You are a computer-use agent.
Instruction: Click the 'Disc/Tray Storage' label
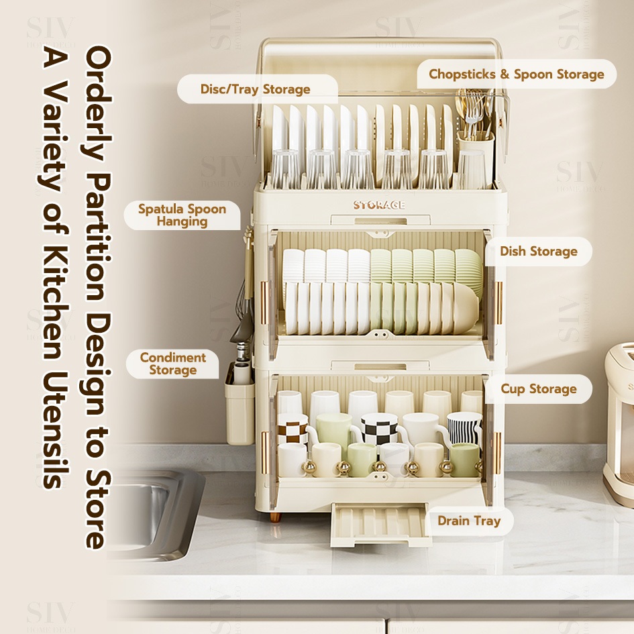coord(256,89)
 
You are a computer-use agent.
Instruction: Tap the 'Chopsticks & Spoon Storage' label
coord(517,74)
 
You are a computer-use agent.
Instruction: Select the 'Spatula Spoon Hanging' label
coord(182,215)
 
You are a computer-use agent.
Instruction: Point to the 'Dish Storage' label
coord(538,252)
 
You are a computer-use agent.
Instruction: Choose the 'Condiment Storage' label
coord(172,364)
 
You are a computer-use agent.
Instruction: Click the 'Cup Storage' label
coord(538,389)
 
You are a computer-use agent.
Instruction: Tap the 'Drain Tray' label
coord(469,521)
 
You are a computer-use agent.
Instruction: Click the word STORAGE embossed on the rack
coord(379,205)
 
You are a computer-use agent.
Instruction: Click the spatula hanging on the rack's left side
coord(243,315)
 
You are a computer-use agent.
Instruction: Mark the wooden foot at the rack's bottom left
coord(274,517)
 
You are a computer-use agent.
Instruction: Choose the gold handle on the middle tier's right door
coord(498,302)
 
